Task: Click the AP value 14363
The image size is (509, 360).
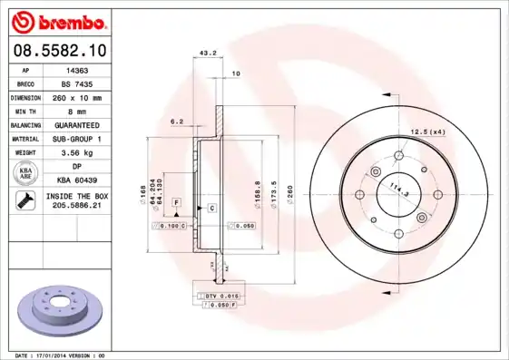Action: click(x=77, y=69)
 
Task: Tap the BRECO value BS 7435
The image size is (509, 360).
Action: click(x=77, y=83)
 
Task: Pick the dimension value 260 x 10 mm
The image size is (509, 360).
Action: click(x=77, y=97)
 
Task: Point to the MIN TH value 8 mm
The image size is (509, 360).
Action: click(x=77, y=111)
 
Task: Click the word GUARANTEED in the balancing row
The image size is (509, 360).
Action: click(x=77, y=125)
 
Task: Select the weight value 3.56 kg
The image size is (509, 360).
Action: click(x=77, y=153)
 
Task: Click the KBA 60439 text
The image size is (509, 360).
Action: click(x=77, y=181)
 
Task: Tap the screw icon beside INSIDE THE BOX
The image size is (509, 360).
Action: click(x=24, y=201)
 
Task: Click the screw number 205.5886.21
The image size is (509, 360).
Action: click(x=77, y=207)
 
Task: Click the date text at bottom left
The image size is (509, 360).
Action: click(x=57, y=355)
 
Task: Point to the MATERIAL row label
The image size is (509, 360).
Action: click(x=24, y=139)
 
